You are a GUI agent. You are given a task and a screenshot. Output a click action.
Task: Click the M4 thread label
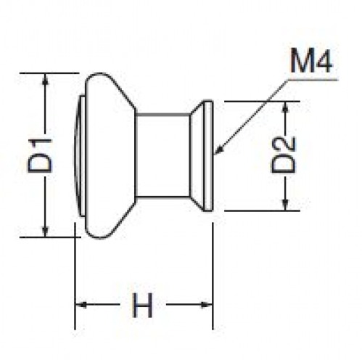[x=310, y=60]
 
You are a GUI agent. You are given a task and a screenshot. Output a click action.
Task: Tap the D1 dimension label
[x=40, y=156]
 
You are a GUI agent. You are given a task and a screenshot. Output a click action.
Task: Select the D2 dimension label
[x=283, y=155]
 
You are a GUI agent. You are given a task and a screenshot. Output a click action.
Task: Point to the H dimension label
[x=143, y=305]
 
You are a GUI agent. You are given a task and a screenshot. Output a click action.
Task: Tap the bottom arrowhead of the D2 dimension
[x=286, y=205]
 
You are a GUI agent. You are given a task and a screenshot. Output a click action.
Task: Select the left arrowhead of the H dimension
[x=81, y=305]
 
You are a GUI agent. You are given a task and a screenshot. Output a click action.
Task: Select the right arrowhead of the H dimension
[x=207, y=305]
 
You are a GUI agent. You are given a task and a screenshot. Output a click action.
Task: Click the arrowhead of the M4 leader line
[x=218, y=150]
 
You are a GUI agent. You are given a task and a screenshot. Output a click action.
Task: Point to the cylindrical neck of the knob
[x=163, y=155]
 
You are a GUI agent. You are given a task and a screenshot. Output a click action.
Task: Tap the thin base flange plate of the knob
[x=208, y=155]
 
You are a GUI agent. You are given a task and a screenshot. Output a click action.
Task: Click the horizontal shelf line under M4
[x=312, y=79]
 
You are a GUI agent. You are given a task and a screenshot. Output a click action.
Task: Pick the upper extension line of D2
[x=262, y=102]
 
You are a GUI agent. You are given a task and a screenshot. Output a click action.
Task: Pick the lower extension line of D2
[x=262, y=210]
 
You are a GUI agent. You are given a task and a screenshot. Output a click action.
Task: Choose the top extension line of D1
[x=49, y=73]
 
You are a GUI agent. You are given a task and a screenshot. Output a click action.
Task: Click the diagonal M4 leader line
[x=252, y=115]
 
